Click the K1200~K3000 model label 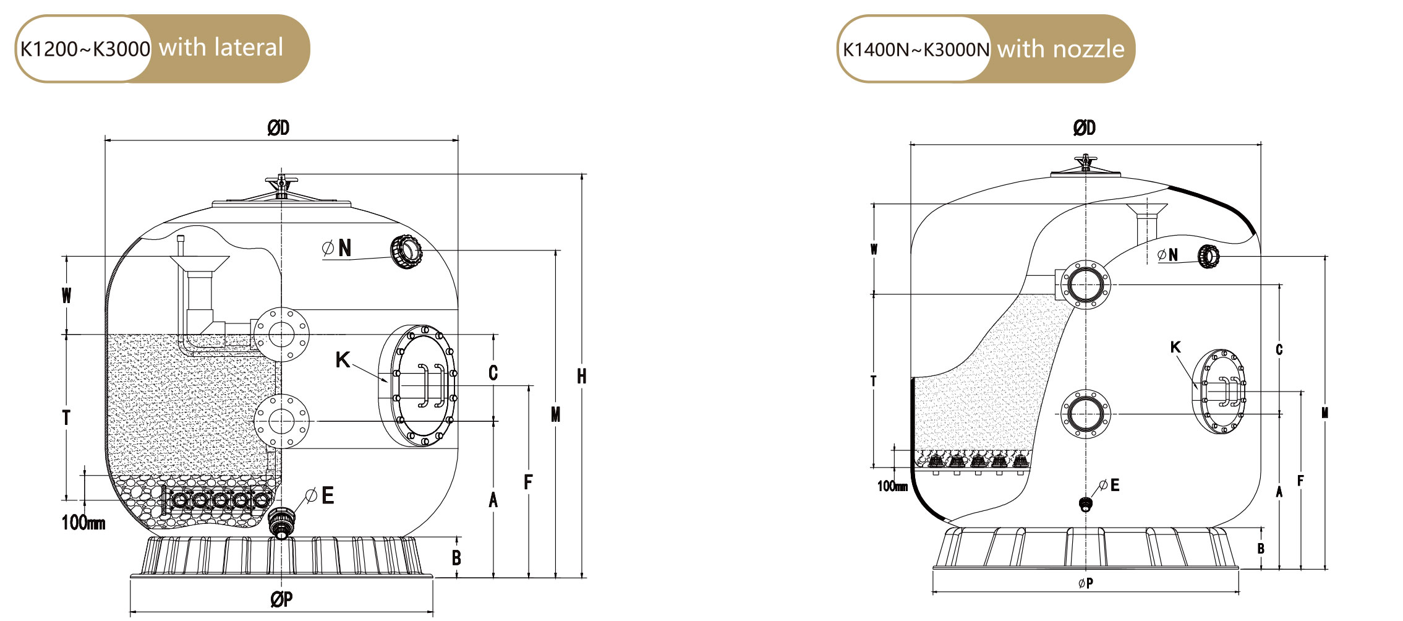point(85,49)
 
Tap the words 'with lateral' point(221,48)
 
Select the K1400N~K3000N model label point(916,49)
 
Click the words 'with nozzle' point(1060,49)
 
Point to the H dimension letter point(581,376)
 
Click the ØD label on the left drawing point(278,128)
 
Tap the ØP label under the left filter point(281,599)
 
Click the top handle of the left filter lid point(281,181)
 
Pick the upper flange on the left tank point(281,335)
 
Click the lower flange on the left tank point(281,421)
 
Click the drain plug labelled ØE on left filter point(282,523)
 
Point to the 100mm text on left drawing point(83,523)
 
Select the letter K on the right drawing point(1175,347)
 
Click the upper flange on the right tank point(1085,285)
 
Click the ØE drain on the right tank point(1085,504)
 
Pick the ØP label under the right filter point(1085,583)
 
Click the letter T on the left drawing point(66,418)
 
